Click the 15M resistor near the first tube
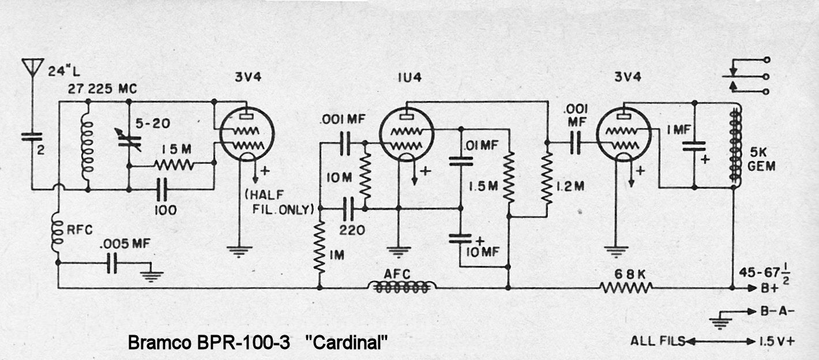(174, 165)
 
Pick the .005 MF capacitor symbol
(115, 265)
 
